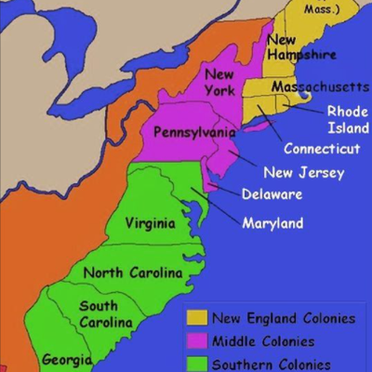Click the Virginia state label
pos(151,224)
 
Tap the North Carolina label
pos(132,272)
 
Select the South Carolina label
pos(104,313)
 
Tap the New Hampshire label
pos(295,47)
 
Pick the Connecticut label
pos(322,149)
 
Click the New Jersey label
pos(303,172)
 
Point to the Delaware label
pos(272,195)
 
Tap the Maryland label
pos(272,223)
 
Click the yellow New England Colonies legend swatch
pos(196,319)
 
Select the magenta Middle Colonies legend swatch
pos(196,341)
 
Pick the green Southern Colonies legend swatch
pos(196,363)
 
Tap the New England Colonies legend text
pos(283,319)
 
